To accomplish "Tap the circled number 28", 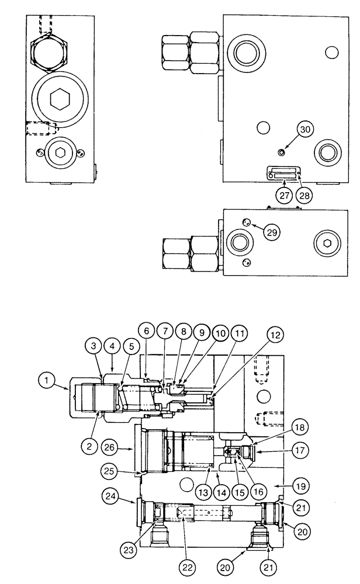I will point(303,195).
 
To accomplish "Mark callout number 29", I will point(272,231).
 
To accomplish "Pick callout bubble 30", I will point(303,130).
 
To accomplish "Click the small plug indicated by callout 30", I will point(282,152).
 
